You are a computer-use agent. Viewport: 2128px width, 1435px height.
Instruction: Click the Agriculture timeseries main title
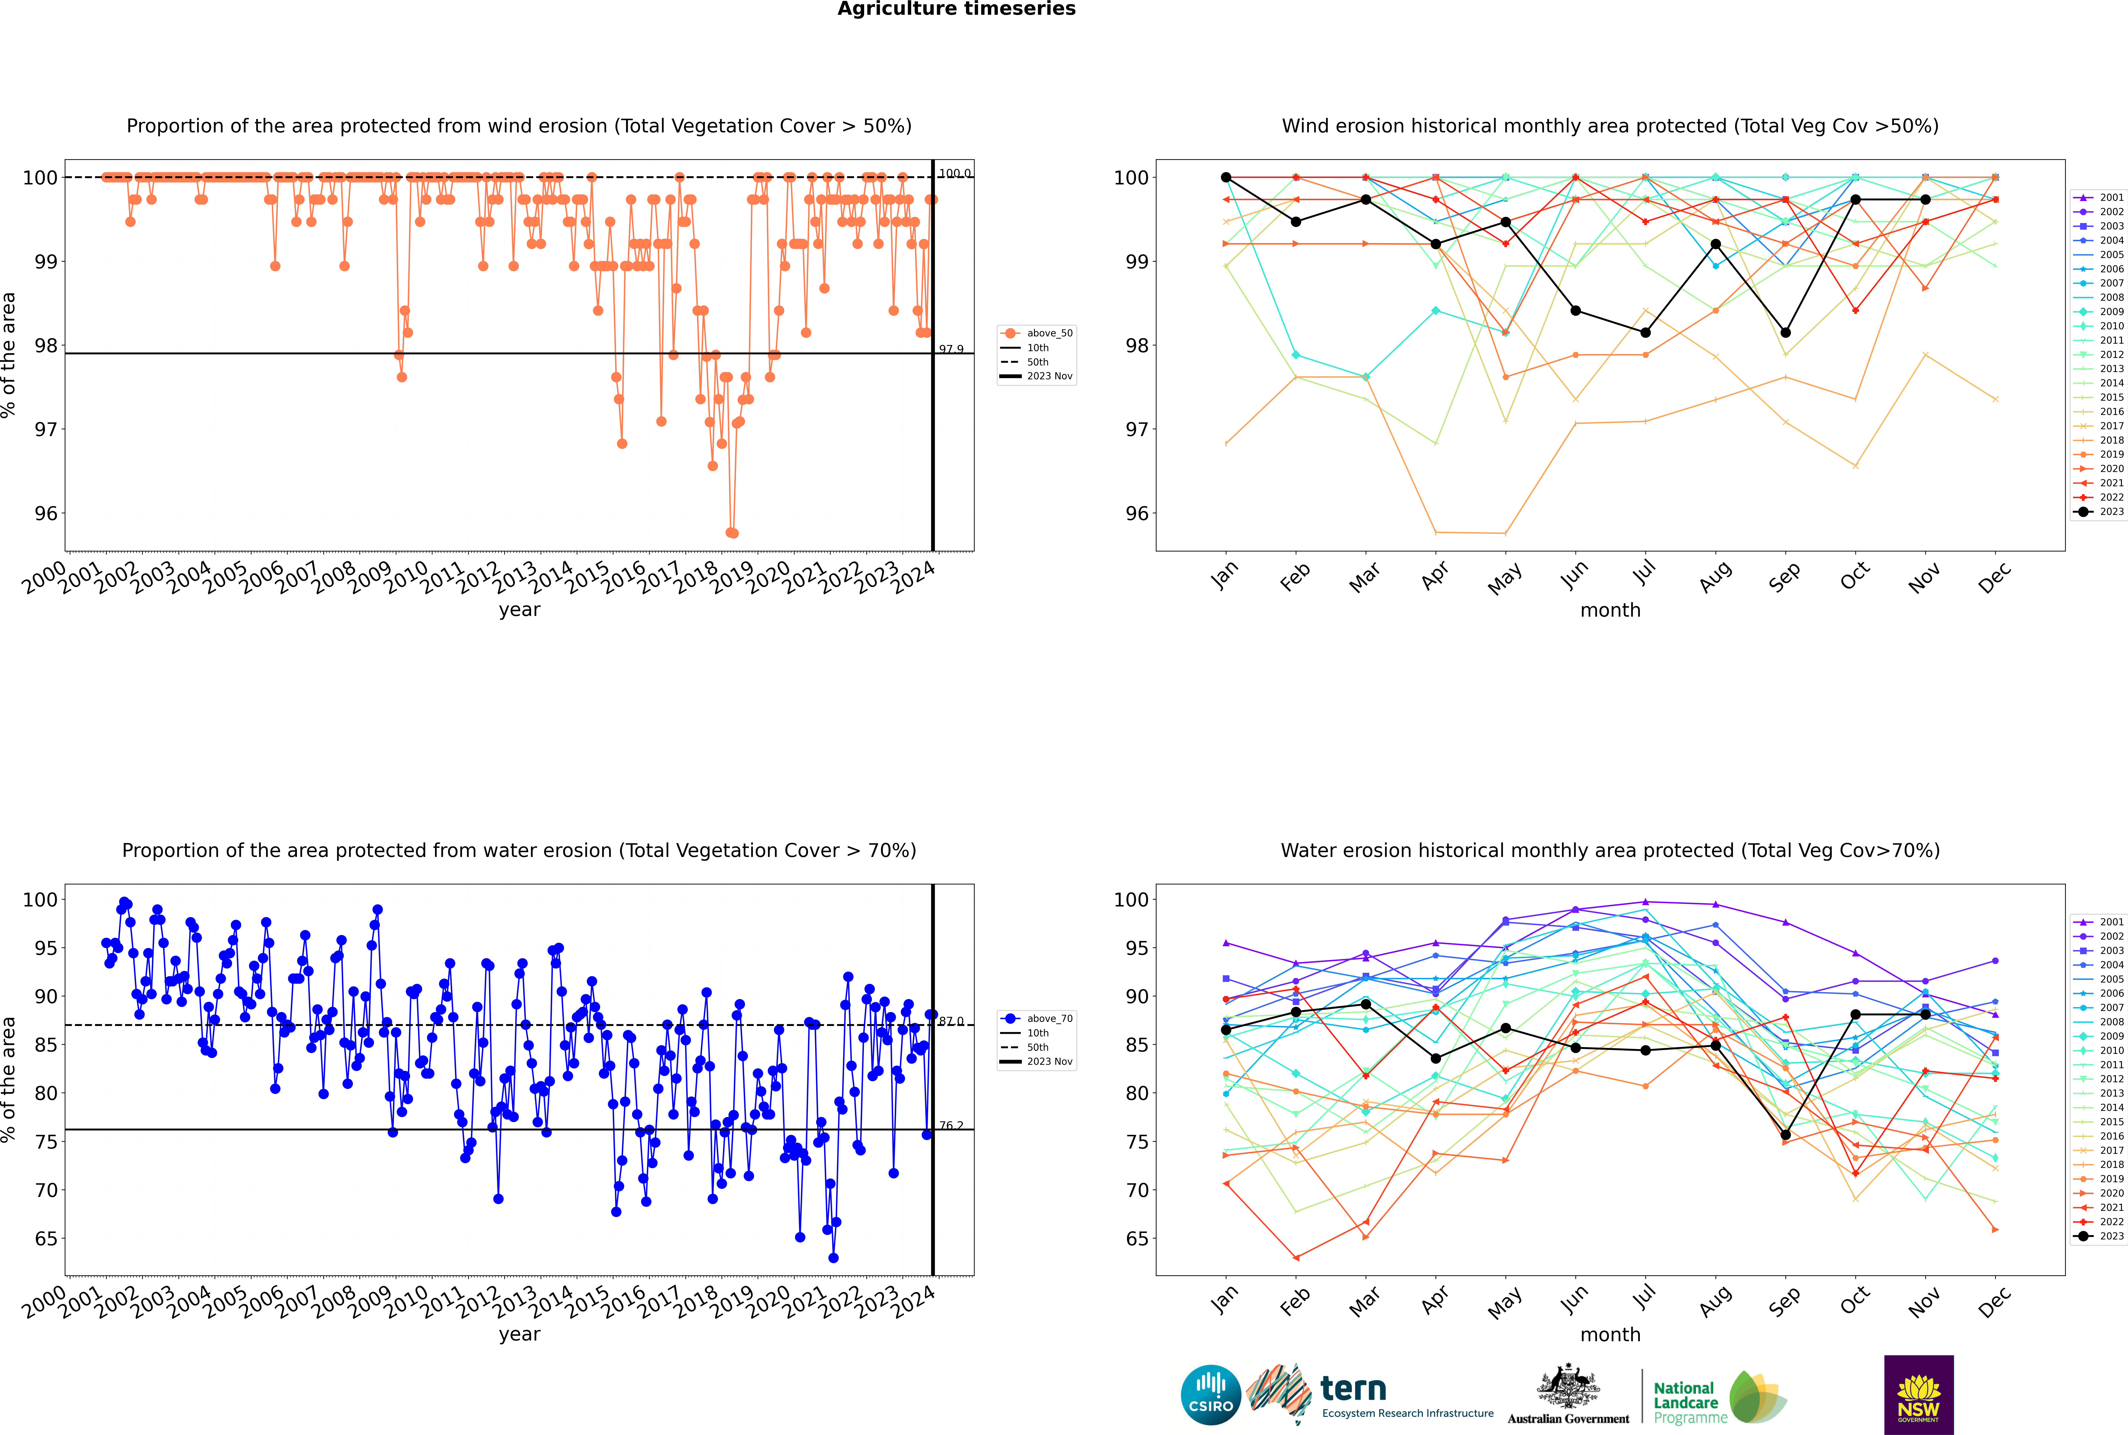pos(956,9)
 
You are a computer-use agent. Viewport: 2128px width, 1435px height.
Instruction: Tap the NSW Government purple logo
pos(1918,1394)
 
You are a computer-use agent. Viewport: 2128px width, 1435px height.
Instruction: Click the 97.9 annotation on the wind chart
pos(951,350)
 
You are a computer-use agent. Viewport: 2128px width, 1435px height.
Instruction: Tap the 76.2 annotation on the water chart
pos(951,1126)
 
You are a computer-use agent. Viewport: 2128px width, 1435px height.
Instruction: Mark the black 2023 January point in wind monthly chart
pos(1226,178)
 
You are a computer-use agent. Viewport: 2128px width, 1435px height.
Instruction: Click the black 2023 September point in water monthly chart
pos(1785,1135)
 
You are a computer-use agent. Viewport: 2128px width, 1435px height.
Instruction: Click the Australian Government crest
pos(1568,1389)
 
